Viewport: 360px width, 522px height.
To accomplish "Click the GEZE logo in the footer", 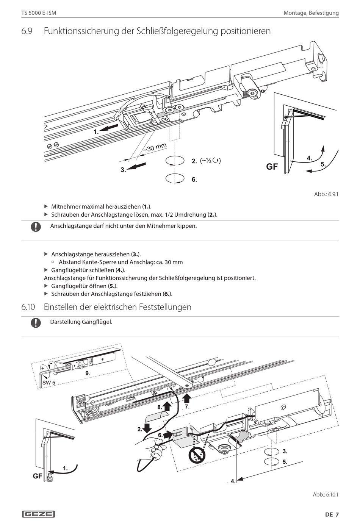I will [x=38, y=514].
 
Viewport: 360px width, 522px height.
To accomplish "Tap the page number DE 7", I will [x=332, y=514].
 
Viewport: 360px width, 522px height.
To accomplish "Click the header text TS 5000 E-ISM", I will [x=39, y=13].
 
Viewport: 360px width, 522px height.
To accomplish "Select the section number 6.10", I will [x=28, y=307].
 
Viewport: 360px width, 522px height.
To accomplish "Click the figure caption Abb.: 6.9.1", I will [x=326, y=194].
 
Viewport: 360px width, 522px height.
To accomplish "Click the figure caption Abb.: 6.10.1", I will [x=325, y=494].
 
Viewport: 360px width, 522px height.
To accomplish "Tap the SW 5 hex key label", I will [x=49, y=383].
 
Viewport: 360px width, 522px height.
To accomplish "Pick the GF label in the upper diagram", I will [x=272, y=167].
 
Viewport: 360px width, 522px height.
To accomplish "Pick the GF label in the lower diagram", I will [x=38, y=476].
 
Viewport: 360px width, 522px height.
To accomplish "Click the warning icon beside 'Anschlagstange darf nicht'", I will [x=36, y=227].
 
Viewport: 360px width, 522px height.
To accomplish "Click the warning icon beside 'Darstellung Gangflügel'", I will [x=36, y=323].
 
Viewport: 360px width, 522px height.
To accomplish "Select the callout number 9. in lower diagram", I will [x=88, y=373].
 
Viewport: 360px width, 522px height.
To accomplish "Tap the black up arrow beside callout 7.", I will [x=186, y=398].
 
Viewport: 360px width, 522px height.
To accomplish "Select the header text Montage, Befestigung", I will [x=311, y=13].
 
